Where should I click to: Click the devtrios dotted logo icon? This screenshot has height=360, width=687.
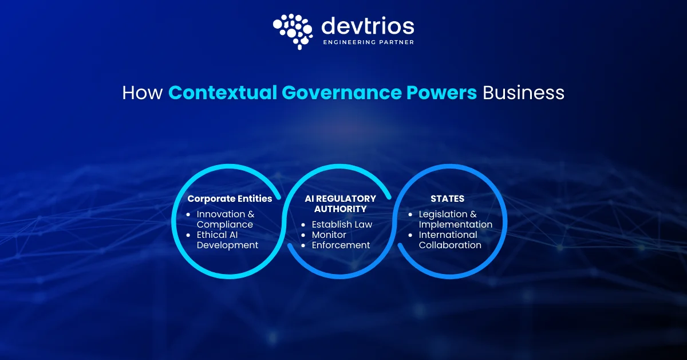(293, 31)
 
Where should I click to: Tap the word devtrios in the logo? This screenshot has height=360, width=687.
(368, 25)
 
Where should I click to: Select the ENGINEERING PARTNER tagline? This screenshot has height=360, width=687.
(369, 42)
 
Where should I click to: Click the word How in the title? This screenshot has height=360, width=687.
(142, 93)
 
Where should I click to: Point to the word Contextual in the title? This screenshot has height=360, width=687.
(221, 93)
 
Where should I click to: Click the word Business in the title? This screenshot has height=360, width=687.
(523, 93)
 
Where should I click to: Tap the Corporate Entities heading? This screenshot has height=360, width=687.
(230, 199)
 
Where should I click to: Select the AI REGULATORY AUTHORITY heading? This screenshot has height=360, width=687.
(341, 204)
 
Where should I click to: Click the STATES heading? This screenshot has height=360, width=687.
(447, 199)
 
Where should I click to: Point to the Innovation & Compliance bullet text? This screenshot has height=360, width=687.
(225, 219)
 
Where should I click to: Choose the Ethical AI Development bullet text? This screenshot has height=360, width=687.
(227, 240)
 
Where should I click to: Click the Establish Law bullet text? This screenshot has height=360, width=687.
(342, 224)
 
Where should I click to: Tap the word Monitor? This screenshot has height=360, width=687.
(329, 234)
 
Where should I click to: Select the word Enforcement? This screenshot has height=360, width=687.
(341, 245)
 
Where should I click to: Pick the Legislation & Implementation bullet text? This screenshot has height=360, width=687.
(455, 219)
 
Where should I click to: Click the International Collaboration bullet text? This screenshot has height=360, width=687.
(450, 240)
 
